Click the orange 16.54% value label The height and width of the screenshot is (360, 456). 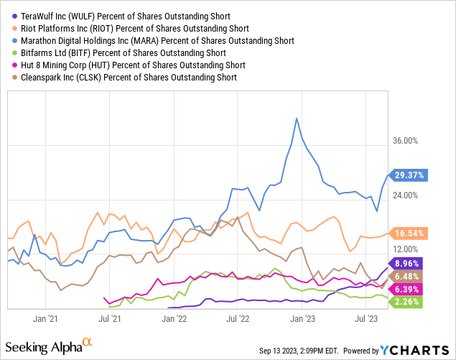tap(409, 233)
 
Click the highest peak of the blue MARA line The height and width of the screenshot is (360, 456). tap(296, 119)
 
